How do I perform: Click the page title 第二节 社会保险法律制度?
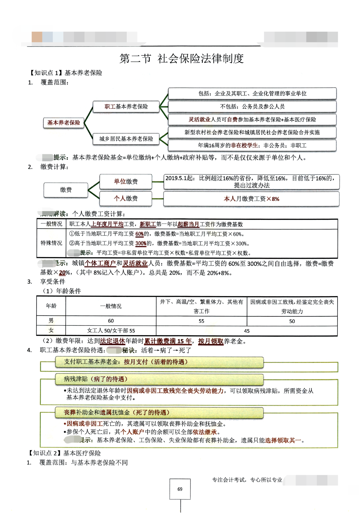coord(182,58)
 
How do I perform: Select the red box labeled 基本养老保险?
coord(64,122)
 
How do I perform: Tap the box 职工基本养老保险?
coord(126,106)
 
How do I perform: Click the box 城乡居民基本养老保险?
coord(126,139)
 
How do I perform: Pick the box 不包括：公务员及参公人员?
coord(252,106)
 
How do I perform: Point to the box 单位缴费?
coord(126,181)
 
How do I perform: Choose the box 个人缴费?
coord(126,198)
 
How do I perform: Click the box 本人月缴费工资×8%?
coord(251,199)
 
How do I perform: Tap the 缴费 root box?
coord(66,190)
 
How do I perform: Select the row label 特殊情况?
coord(51,243)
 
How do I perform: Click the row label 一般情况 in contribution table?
coord(51,224)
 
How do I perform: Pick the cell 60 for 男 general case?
coord(111,321)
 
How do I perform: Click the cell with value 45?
coord(246,331)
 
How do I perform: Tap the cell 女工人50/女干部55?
coord(111,331)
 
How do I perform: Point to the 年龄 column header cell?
coord(51,306)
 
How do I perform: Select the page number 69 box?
coord(180,489)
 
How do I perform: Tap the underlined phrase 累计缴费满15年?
coord(168,341)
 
